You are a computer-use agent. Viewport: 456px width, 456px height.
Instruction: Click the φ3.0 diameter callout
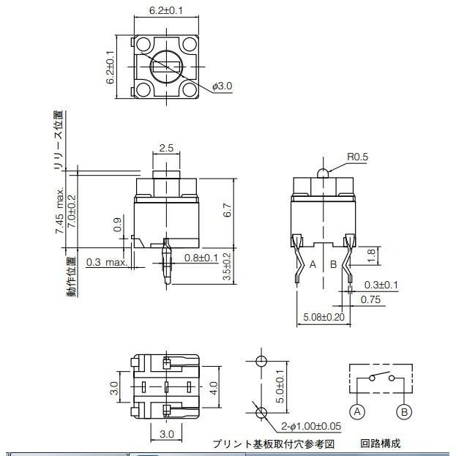point(223,86)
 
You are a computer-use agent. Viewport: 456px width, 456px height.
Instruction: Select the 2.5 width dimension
point(166,148)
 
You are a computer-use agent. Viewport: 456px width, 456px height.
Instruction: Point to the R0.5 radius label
point(357,156)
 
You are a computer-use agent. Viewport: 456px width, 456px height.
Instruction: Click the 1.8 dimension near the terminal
point(370,255)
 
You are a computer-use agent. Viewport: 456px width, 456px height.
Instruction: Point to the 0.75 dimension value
point(370,299)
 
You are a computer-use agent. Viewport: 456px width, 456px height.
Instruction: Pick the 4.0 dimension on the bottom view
point(213,387)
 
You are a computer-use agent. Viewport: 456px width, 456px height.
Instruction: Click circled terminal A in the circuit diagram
point(357,411)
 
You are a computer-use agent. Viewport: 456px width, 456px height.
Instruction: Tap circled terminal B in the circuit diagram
point(403,411)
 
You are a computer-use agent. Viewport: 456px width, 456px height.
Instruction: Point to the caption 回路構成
point(381,444)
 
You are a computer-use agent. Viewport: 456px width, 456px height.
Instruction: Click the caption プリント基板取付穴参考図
point(273,444)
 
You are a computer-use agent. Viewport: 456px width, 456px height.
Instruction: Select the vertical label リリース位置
point(59,141)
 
